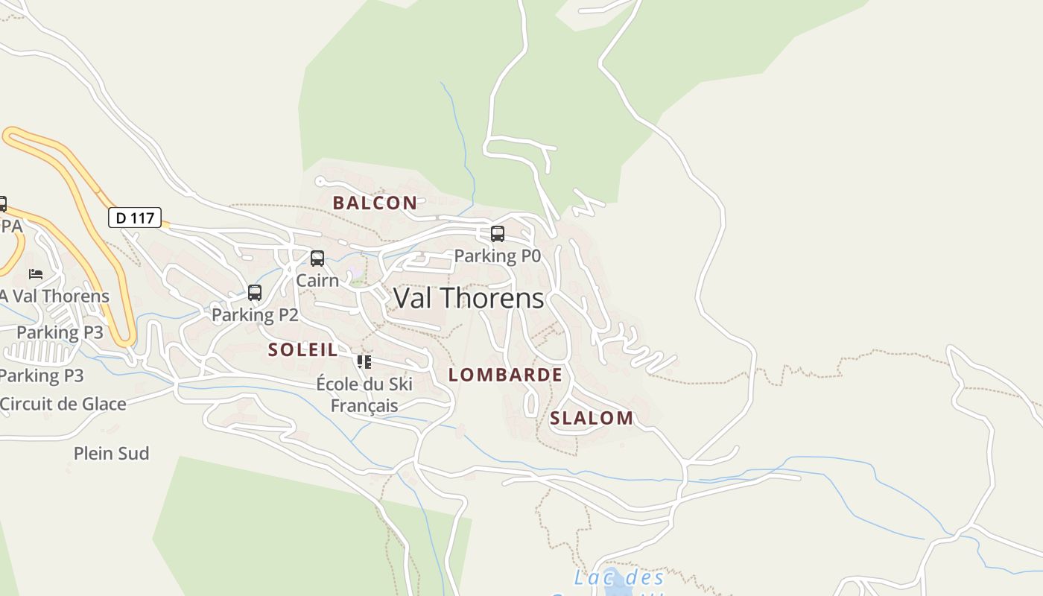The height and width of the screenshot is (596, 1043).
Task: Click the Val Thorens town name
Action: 469,298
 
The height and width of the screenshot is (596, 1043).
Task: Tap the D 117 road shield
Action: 135,218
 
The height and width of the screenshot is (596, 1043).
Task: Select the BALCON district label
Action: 375,203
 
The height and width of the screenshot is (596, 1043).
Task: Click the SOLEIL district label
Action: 302,349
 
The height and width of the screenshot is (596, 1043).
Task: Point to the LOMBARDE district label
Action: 505,375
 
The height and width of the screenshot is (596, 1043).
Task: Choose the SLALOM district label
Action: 592,418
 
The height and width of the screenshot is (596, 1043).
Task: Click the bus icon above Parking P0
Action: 498,234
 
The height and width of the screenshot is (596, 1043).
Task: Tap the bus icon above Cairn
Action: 317,259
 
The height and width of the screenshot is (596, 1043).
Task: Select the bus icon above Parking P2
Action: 255,293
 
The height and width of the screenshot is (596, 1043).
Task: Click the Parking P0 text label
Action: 497,256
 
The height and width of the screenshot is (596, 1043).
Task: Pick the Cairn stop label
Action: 317,280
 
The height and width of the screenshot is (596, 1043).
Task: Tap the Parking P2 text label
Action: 255,315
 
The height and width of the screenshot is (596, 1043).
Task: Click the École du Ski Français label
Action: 364,395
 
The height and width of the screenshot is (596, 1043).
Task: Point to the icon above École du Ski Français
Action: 364,362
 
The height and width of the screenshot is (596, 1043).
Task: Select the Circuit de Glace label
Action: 63,404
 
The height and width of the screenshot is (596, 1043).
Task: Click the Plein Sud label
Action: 111,453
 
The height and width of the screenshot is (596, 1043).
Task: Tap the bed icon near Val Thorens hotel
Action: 36,274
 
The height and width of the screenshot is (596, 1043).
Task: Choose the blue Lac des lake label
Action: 618,578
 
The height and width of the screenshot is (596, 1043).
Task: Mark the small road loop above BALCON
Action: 320,181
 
